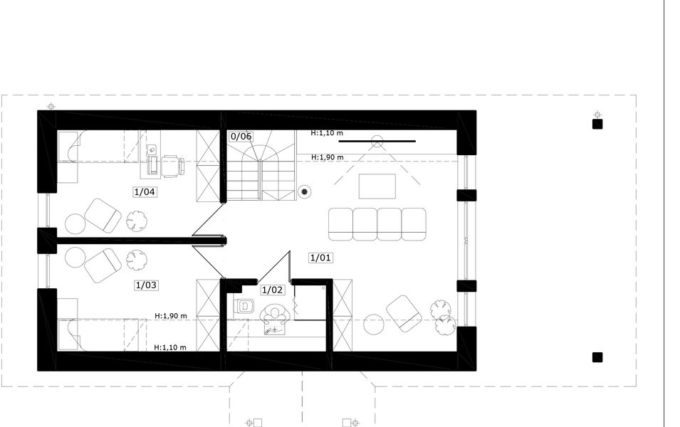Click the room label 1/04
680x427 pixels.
tap(145, 191)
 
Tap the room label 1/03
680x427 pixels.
tap(146, 285)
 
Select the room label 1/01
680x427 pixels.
tap(320, 258)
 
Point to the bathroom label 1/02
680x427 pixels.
tap(273, 290)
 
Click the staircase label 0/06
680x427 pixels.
tap(241, 136)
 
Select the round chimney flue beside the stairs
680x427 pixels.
tap(305, 191)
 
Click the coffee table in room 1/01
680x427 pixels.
tap(377, 186)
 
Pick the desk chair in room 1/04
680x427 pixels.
tap(172, 167)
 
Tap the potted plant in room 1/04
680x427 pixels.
tap(137, 220)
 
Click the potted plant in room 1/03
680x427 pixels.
tap(137, 260)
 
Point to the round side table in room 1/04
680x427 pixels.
tap(75, 224)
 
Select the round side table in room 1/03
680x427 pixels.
tap(75, 258)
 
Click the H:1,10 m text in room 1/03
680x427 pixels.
tap(170, 347)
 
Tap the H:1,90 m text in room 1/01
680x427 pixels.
tap(328, 157)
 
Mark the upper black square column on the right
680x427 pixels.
tap(597, 124)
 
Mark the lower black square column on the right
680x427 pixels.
tap(597, 357)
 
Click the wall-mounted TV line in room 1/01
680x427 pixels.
tap(377, 141)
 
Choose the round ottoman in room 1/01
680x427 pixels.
tap(373, 325)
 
